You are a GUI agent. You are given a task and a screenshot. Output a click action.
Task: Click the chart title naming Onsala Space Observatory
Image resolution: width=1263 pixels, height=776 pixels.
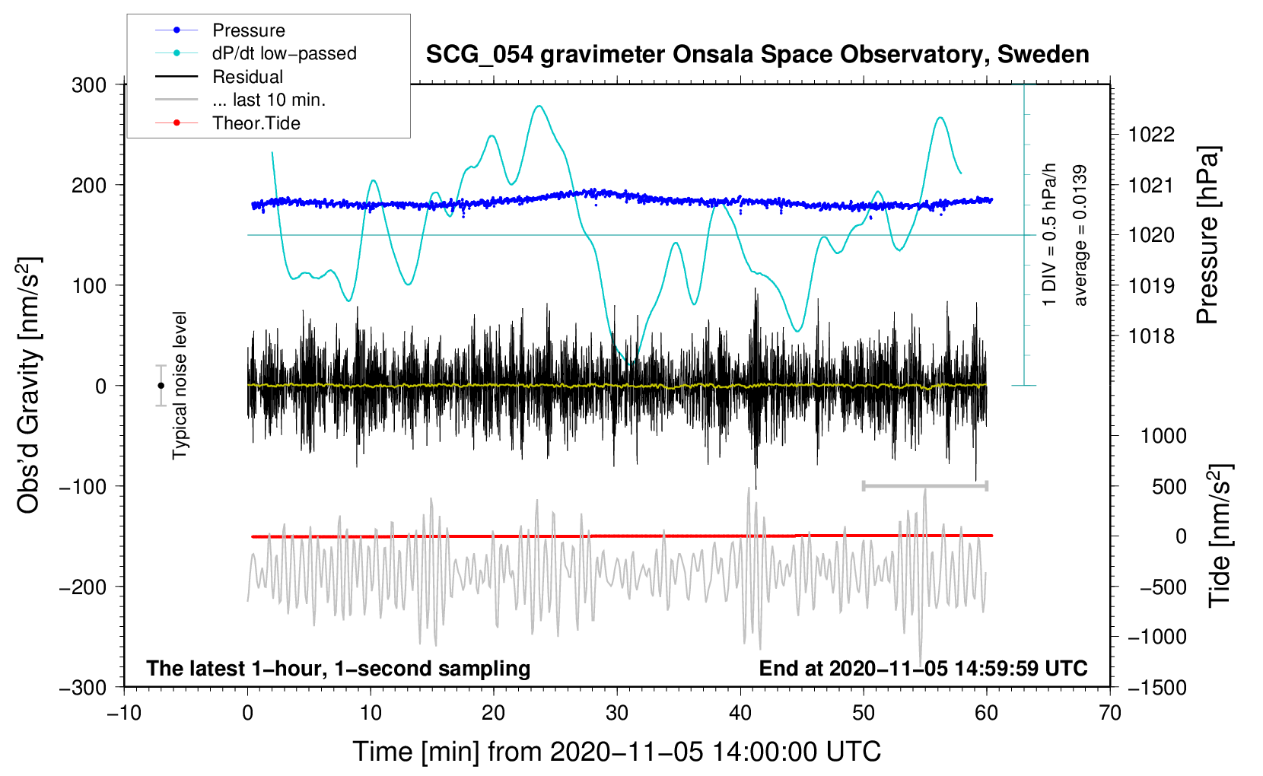coord(757,55)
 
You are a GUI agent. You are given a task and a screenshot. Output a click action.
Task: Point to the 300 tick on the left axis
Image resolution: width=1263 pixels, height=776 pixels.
coord(89,84)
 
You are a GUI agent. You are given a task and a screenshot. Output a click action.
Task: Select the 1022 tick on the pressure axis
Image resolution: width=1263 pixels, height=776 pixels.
coord(1151,135)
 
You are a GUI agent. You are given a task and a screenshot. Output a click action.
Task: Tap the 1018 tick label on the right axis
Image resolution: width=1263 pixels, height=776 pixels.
coord(1151,336)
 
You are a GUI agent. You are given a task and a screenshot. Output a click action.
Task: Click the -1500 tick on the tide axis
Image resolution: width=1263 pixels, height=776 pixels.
coord(1157,687)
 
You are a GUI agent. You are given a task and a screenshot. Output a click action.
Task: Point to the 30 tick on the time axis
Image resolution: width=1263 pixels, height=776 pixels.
coord(617,713)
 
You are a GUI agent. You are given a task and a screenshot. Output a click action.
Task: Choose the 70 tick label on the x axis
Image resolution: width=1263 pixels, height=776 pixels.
coord(1110,713)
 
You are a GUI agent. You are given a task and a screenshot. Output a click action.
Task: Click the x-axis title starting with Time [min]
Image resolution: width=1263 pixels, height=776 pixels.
coord(617,752)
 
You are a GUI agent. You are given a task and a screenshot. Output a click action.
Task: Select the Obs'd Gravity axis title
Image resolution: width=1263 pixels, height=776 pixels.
coord(29,385)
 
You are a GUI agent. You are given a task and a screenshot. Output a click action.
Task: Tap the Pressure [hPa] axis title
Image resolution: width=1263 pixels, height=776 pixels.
coord(1207,235)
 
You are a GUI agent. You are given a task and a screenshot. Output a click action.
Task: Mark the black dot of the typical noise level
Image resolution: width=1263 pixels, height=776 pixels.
coord(161,386)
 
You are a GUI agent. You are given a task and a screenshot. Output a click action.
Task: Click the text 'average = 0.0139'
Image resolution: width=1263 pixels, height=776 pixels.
coord(1080,235)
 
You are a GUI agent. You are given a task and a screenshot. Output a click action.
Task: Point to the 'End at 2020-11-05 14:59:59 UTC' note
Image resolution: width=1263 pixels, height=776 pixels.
coord(923,668)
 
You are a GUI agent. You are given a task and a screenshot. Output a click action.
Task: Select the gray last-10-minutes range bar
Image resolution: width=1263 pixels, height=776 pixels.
coord(924,485)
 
